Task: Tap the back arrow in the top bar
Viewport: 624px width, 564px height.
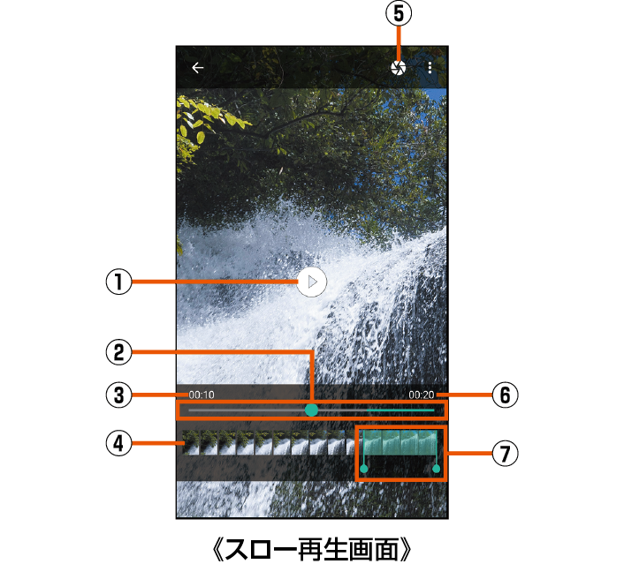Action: tap(198, 68)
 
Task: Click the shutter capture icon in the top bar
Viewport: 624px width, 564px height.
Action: tap(398, 68)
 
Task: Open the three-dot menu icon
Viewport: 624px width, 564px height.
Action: tap(430, 68)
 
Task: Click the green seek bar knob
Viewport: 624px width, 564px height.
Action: tap(311, 410)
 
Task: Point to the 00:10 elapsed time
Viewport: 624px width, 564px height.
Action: tap(202, 395)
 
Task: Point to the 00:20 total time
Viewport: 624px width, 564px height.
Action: tap(422, 395)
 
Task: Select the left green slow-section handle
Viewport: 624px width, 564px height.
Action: tap(364, 469)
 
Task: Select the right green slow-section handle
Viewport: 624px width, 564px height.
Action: tap(436, 469)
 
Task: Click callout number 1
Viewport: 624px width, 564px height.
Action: tap(118, 282)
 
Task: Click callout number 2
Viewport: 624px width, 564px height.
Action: tap(118, 352)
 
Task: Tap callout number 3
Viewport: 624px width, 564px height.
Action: tap(118, 395)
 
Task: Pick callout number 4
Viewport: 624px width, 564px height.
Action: tap(118, 443)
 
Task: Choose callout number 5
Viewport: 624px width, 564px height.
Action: tap(399, 13)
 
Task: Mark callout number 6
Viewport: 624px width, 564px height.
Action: tap(505, 395)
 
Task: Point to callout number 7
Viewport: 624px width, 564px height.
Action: tap(505, 453)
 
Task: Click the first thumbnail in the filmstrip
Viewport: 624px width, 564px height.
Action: tap(191, 442)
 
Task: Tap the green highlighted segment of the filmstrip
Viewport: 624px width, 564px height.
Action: tap(400, 442)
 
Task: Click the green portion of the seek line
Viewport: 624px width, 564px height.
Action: tap(400, 410)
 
